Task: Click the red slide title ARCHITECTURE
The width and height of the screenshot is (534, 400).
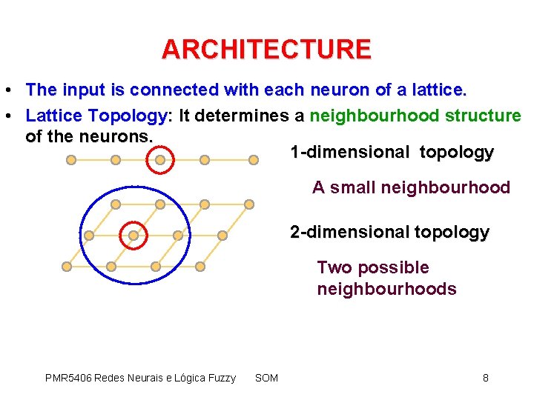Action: (266, 50)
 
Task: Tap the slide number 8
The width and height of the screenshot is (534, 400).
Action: (486, 378)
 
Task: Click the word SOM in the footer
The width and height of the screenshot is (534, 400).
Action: (266, 378)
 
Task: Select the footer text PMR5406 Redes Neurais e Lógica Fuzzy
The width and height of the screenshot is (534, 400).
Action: (140, 378)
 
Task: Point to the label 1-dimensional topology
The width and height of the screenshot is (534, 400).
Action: (392, 153)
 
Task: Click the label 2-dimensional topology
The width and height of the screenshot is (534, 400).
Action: (389, 232)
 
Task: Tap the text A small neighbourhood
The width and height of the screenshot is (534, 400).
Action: (411, 187)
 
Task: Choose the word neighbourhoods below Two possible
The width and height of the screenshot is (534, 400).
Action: (386, 289)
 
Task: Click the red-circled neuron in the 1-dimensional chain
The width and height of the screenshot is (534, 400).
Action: (159, 159)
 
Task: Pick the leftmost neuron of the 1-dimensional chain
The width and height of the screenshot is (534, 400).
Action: (70, 159)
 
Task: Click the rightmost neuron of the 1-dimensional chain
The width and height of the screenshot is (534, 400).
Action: (249, 159)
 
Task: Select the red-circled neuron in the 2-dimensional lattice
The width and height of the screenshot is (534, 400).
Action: (133, 235)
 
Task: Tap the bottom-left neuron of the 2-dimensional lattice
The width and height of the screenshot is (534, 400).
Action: (67, 266)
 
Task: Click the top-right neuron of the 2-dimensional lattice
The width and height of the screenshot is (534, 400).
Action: (249, 204)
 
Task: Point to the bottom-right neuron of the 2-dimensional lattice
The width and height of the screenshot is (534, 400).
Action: (200, 266)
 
